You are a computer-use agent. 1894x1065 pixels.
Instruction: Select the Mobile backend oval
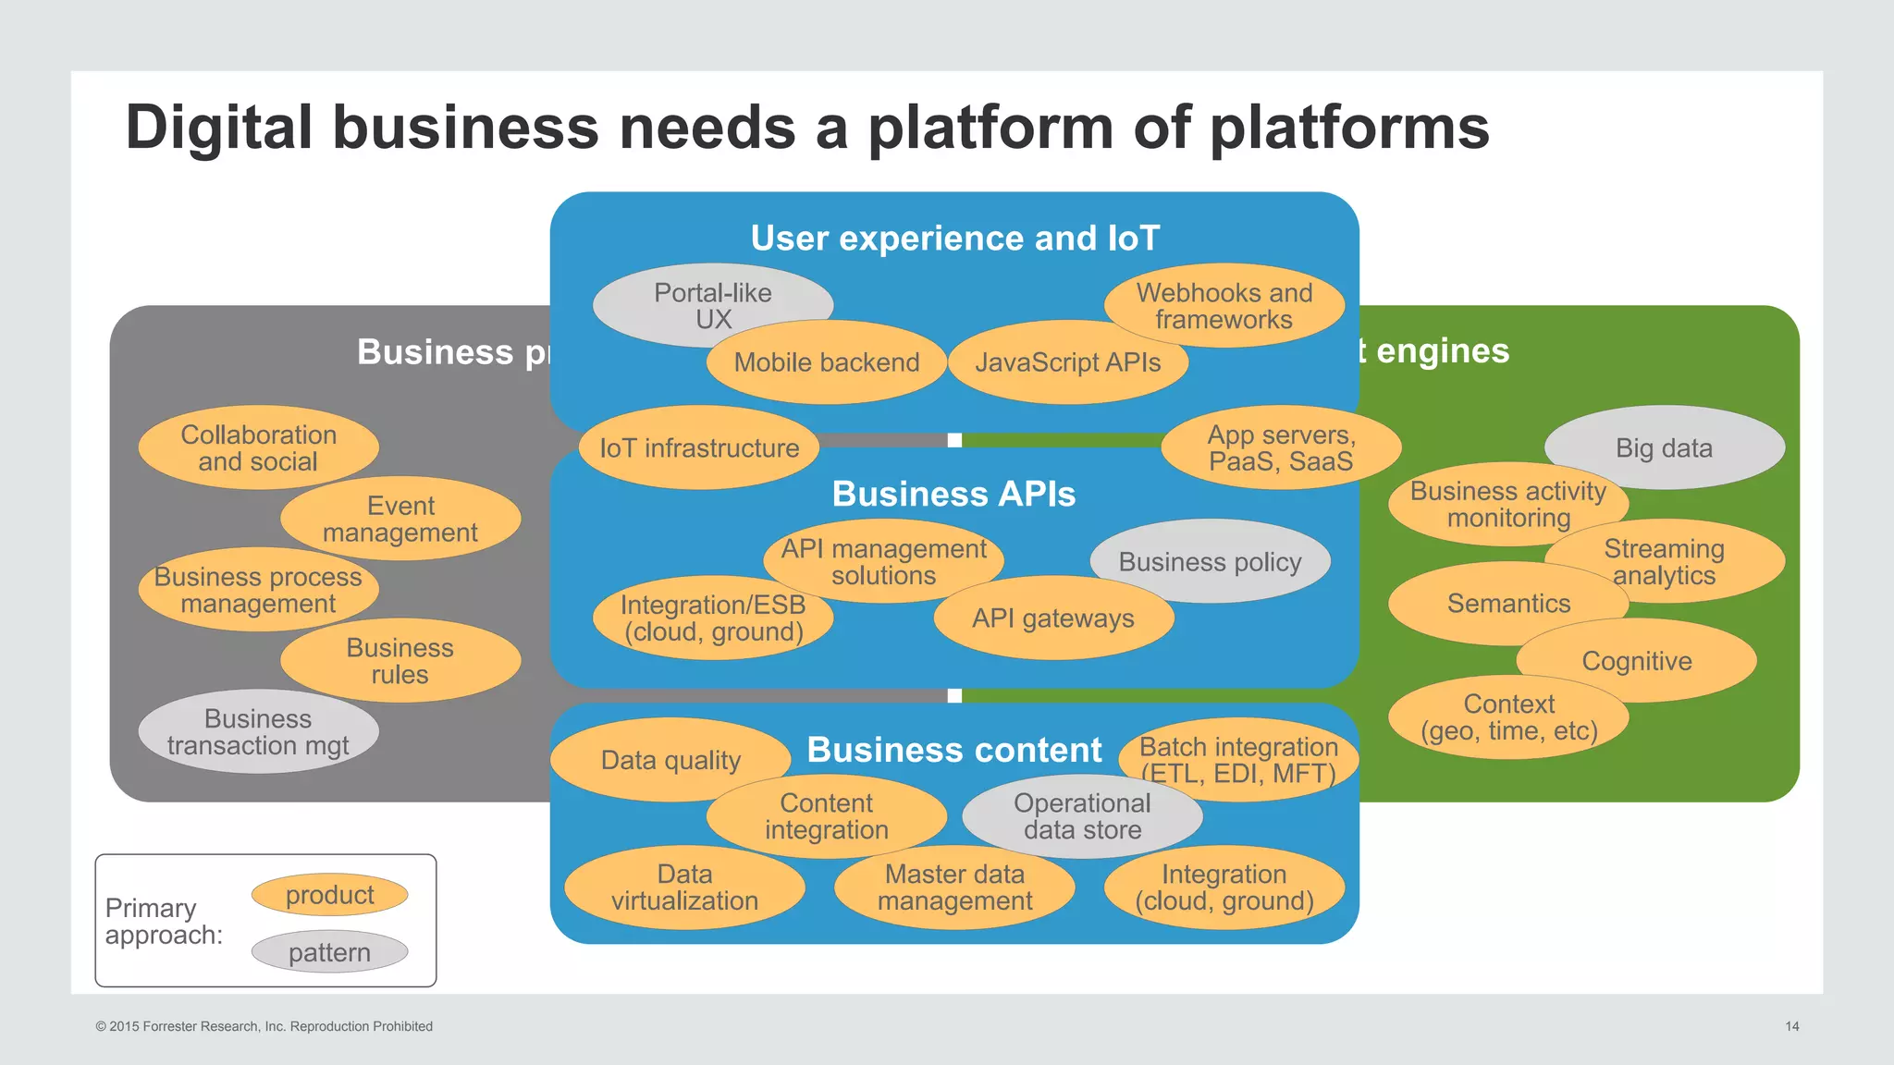click(x=826, y=363)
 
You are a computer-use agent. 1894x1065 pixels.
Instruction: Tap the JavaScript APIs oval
click(x=1067, y=363)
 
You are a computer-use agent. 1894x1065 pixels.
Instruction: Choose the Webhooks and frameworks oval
click(x=1224, y=305)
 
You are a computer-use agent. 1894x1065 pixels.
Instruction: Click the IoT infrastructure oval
click(x=699, y=448)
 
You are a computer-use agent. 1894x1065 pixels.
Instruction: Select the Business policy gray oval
click(x=1210, y=561)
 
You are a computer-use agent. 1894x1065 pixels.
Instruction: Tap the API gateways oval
click(x=1053, y=618)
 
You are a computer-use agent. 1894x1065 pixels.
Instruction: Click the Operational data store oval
click(x=1082, y=816)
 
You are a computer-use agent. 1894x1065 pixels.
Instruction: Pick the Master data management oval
click(x=954, y=887)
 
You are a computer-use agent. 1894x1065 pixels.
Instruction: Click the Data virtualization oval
click(x=684, y=887)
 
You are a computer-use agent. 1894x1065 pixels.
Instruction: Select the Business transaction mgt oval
click(x=258, y=732)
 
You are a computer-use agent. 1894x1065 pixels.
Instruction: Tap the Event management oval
click(x=400, y=519)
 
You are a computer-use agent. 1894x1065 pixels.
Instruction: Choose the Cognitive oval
click(x=1637, y=662)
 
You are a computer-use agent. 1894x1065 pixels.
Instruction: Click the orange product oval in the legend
click(x=330, y=895)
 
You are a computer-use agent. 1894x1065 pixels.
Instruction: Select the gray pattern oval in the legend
click(x=330, y=952)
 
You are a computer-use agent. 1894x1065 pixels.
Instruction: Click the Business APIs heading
click(x=953, y=495)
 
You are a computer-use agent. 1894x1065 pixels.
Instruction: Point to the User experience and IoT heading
click(x=954, y=239)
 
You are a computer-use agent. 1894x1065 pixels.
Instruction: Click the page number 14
click(x=1791, y=1026)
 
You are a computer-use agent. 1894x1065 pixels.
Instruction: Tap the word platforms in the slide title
click(x=1349, y=128)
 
